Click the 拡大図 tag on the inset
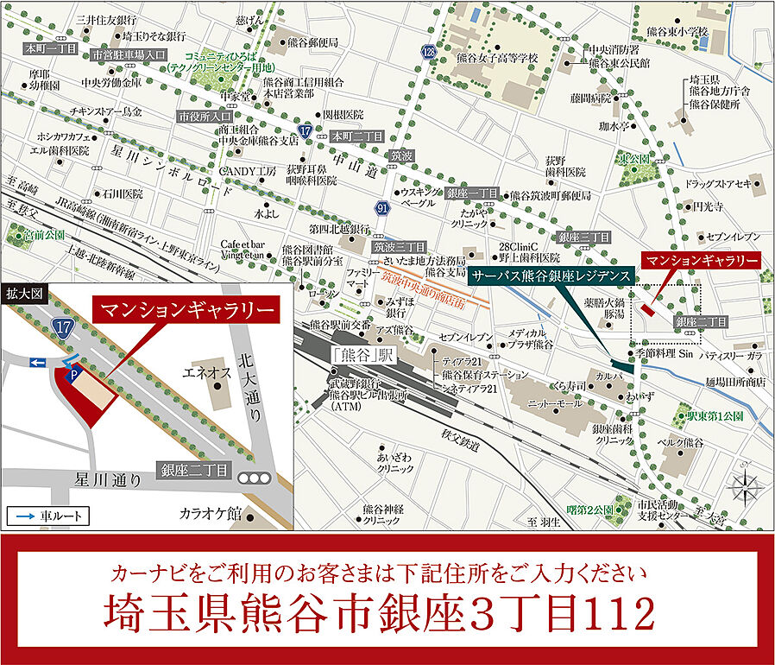coord(24,294)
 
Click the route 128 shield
coord(429,53)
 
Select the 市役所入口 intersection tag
coord(205,116)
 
